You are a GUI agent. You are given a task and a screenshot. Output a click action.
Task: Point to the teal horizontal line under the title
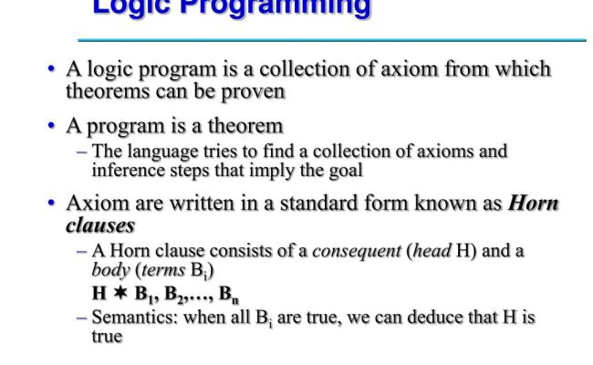point(331,40)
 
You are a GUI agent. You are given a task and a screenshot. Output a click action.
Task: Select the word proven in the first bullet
point(259,91)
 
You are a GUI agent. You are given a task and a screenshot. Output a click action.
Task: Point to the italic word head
point(421,251)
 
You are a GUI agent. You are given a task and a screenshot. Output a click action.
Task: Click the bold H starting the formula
point(99,294)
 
